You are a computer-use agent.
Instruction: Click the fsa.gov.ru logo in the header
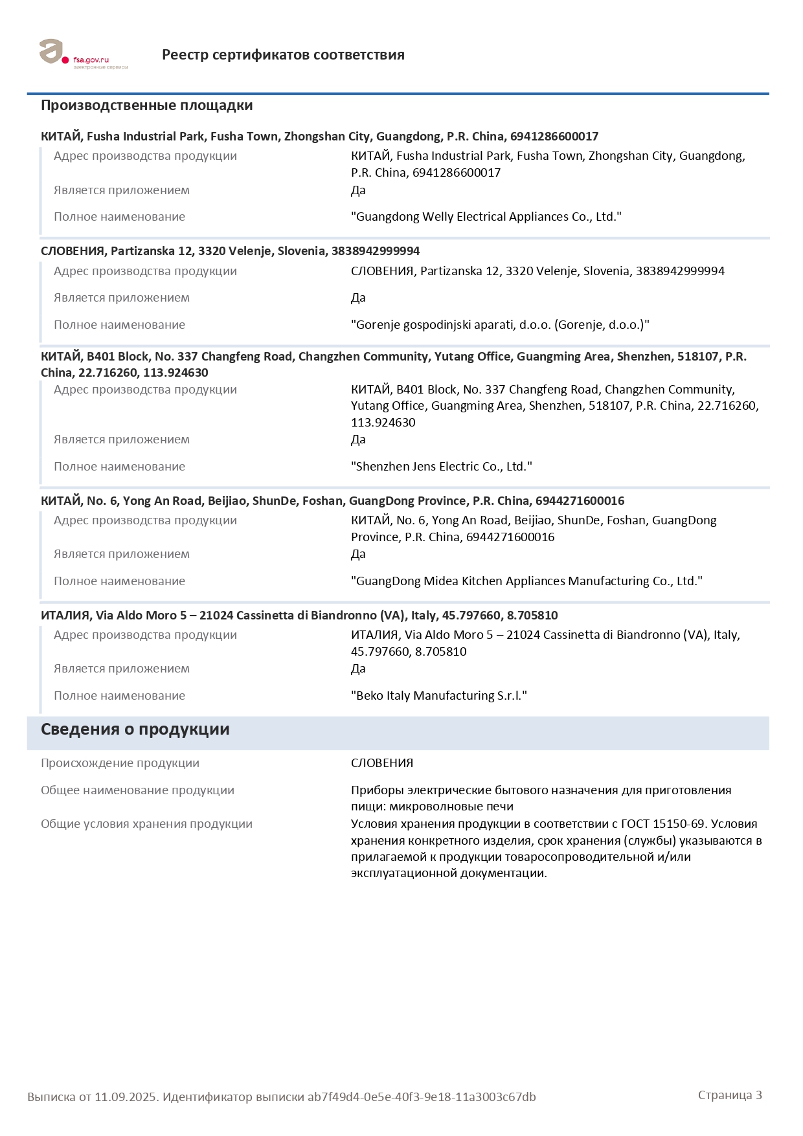pos(83,54)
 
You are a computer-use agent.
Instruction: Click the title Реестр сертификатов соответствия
pos(283,55)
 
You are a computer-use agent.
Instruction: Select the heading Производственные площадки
pos(146,106)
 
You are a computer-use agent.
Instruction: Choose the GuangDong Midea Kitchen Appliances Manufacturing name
pos(526,581)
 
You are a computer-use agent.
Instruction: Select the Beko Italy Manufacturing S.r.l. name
pos(438,696)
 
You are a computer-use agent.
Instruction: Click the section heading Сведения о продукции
pos(135,729)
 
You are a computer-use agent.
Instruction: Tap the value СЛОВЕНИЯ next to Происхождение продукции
pos(381,763)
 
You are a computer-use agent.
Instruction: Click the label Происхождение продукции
pos(120,763)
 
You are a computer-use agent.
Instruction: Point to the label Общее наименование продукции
pos(137,790)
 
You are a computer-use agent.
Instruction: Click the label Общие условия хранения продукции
pos(146,824)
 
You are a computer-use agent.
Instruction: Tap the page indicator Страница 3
pos(729,1095)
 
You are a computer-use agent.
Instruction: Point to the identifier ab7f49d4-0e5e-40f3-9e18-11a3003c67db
pos(421,1097)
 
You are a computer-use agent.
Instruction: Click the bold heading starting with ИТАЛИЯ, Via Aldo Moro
pos(299,616)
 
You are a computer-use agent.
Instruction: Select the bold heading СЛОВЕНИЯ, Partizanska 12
pos(230,251)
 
